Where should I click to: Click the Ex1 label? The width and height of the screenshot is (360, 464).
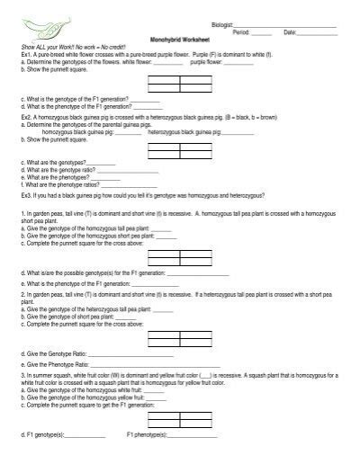26,54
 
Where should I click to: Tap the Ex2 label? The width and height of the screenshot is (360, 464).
27,117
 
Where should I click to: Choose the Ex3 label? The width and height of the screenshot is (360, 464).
27,193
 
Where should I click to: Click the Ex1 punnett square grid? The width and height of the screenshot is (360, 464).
179,85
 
